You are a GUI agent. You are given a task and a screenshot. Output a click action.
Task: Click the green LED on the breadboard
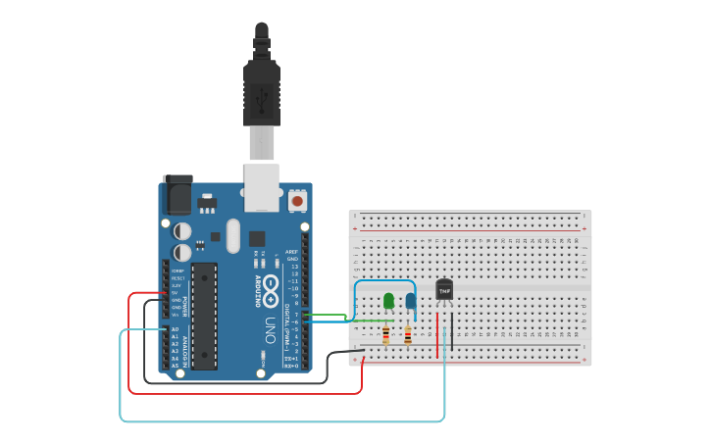coord(389,300)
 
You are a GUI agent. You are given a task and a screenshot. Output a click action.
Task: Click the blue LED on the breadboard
coord(410,301)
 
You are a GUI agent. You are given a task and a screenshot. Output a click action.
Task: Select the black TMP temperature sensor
coord(444,290)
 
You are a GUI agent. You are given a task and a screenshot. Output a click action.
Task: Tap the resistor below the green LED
coord(385,336)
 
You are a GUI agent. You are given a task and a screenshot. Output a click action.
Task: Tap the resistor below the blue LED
coord(408,336)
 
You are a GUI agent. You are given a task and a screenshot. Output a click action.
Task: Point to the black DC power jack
coord(178,194)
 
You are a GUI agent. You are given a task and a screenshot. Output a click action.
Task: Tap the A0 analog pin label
coord(176,329)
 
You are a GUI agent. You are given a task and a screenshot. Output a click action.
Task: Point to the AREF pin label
coord(291,252)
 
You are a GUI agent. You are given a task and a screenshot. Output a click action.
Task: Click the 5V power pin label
coord(176,292)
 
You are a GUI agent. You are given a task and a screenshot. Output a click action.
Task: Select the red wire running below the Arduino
coord(245,393)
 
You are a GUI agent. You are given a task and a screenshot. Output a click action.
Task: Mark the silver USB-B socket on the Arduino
coord(262,187)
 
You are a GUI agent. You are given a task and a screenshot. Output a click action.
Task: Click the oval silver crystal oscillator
coord(232,235)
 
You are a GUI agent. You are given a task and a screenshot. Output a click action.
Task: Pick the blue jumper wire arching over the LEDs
coord(383,282)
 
